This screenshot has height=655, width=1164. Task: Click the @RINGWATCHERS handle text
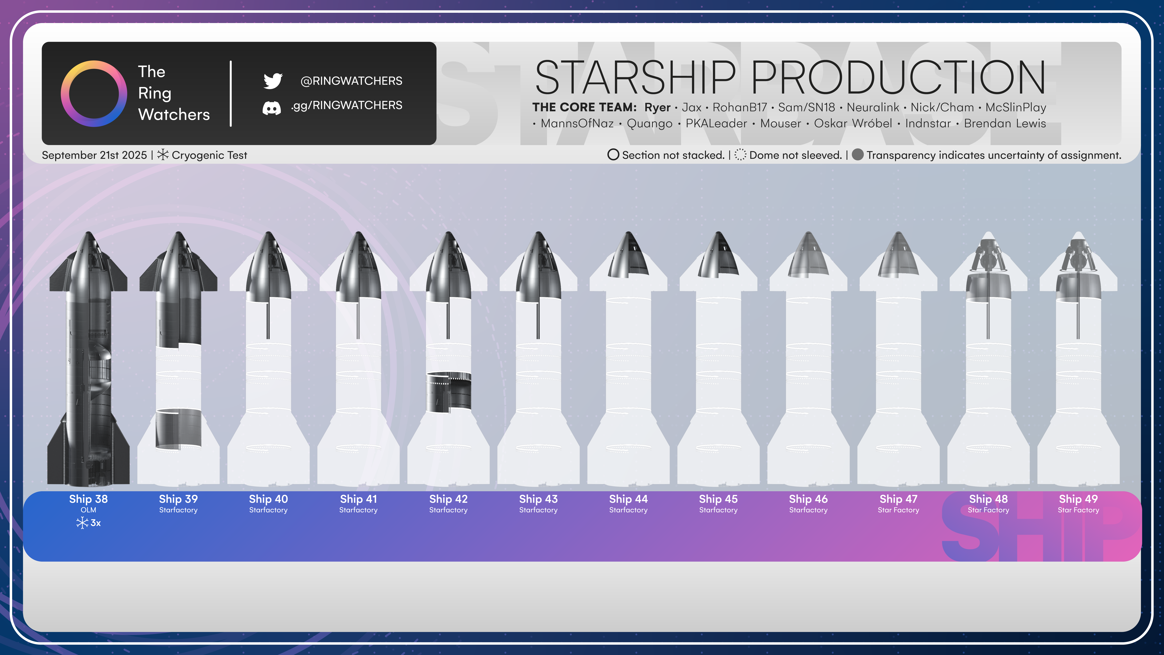[x=351, y=81]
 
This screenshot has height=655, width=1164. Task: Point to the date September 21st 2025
[x=94, y=155]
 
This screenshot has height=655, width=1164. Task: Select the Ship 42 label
[x=448, y=499]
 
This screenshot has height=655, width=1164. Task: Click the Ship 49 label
[x=1078, y=499]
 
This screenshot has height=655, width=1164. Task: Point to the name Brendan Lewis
[x=1005, y=123]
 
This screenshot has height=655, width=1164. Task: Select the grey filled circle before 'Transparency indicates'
[x=858, y=155]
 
